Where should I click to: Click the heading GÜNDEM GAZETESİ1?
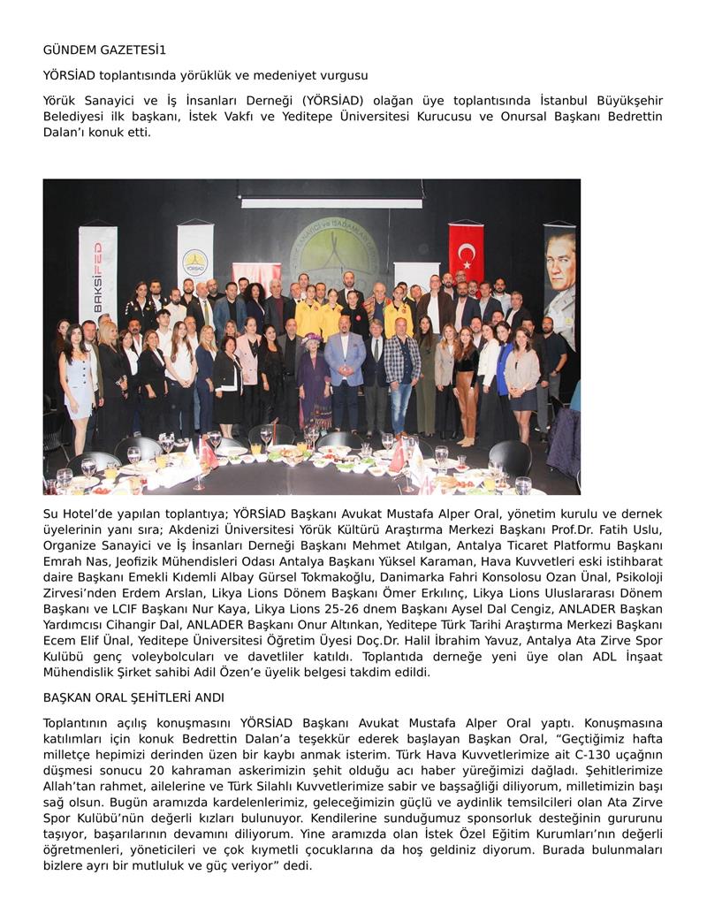tap(104, 50)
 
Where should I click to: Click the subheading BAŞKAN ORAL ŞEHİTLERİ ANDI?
tap(133, 698)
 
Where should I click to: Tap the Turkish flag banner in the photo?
tap(466, 254)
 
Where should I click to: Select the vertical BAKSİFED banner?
tap(97, 273)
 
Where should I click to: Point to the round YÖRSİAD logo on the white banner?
tap(194, 263)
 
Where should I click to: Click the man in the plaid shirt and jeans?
tap(402, 367)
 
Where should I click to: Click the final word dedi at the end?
tap(298, 866)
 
